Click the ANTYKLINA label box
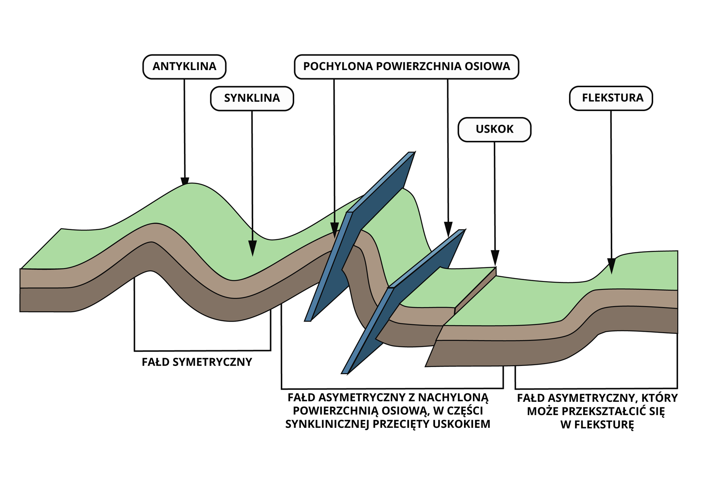[x=184, y=67]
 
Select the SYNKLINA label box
[x=252, y=98]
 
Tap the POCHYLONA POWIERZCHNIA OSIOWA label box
[x=406, y=67]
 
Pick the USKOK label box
[x=494, y=129]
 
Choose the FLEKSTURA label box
[x=611, y=98]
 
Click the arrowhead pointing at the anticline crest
[x=185, y=181]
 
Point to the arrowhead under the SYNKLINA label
[x=252, y=248]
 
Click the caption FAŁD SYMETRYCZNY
[x=197, y=362]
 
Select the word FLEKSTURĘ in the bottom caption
[x=597, y=425]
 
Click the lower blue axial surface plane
[x=402, y=302]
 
